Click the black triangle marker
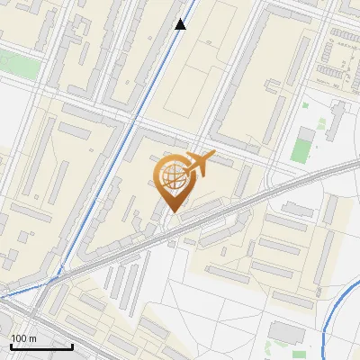coord(181,24)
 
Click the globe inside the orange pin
coord(171,177)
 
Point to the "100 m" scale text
coord(24,338)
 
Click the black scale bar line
coord(41,346)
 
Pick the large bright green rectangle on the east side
coord(305,147)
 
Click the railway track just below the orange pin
coord(180,225)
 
